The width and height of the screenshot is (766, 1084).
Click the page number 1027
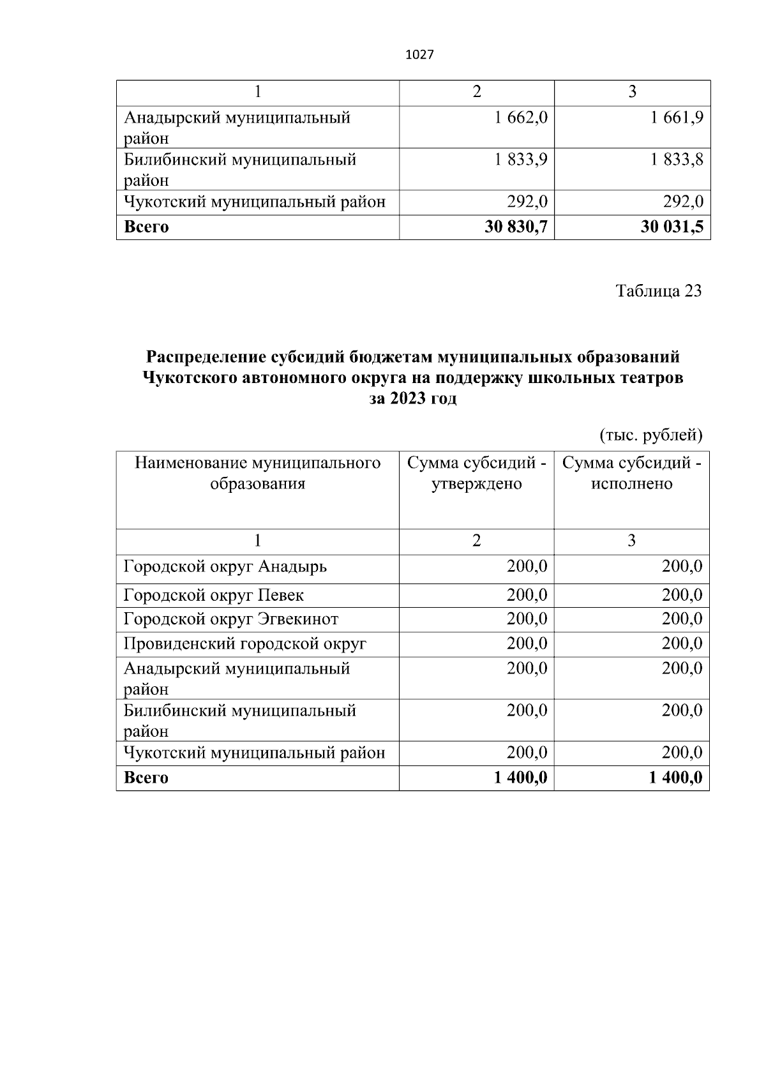[419, 55]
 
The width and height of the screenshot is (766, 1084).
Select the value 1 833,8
[677, 160]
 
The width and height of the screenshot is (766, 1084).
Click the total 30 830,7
[516, 227]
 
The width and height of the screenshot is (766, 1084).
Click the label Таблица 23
[658, 291]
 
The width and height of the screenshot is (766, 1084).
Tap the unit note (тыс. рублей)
[650, 435]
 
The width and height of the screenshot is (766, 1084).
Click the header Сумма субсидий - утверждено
[476, 473]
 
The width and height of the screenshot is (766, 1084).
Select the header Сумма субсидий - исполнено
[631, 473]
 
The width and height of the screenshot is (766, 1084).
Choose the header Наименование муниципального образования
[257, 473]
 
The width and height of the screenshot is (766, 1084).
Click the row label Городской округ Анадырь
[225, 566]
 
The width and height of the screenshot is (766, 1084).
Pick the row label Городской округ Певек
[214, 596]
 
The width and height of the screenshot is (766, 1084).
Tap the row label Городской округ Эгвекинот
[231, 619]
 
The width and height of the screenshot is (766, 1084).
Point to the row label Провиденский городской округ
[245, 644]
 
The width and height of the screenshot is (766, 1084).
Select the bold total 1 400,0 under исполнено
[675, 778]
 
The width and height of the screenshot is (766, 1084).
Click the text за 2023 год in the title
[413, 400]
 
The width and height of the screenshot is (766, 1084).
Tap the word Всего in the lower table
[146, 778]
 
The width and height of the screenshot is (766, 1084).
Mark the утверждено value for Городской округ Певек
[527, 596]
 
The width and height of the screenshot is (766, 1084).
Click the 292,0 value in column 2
[527, 202]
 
